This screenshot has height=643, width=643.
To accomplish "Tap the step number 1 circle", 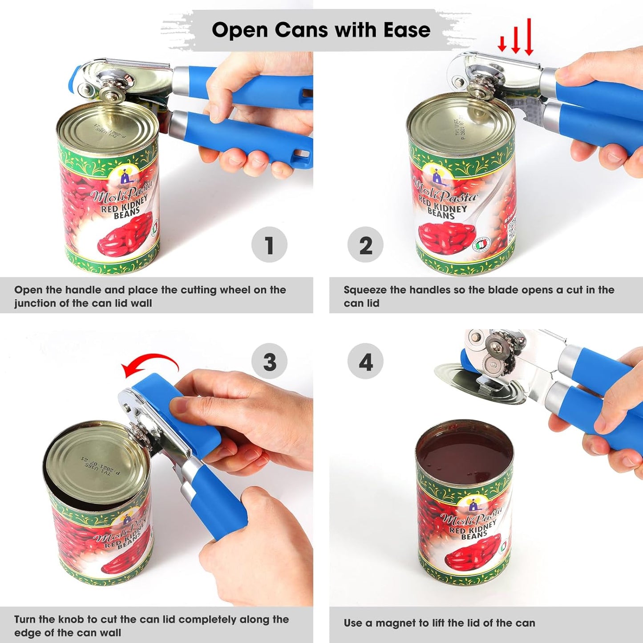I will [269, 245].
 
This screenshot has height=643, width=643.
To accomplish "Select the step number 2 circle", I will [365, 245].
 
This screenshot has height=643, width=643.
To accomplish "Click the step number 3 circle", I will [269, 361].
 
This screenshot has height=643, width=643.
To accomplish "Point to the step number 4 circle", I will [365, 361].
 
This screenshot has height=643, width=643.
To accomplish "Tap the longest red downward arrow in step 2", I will [529, 37].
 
